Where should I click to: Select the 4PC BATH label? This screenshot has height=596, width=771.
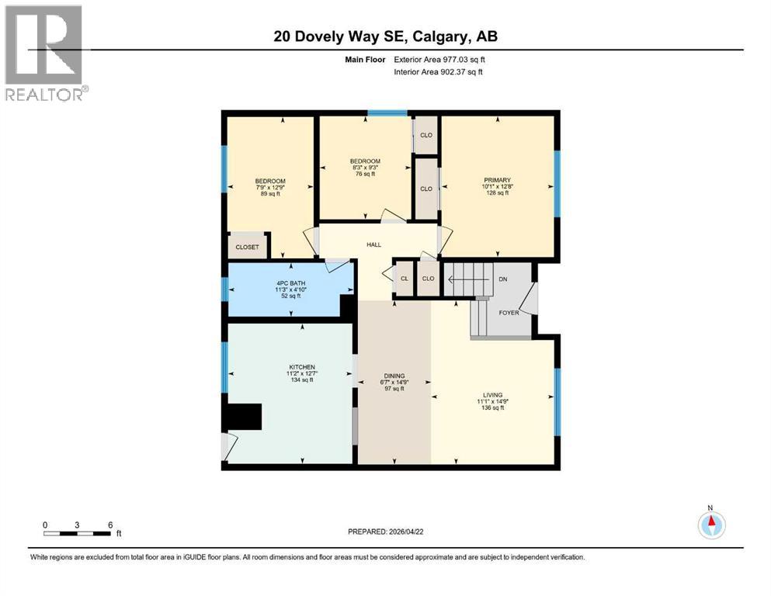coord(291,282)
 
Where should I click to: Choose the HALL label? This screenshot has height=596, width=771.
coord(374,244)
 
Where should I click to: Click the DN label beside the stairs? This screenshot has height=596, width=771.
coord(503,278)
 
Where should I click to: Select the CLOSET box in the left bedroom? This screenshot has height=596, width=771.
coord(248,248)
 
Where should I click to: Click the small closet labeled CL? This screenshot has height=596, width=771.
coord(405,279)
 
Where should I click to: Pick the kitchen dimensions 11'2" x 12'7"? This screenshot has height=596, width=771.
coord(301,373)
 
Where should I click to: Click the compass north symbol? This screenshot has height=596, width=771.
coord(710,525)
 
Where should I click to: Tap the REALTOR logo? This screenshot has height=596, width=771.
coord(44,53)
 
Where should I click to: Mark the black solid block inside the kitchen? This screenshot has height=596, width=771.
coord(242,418)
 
